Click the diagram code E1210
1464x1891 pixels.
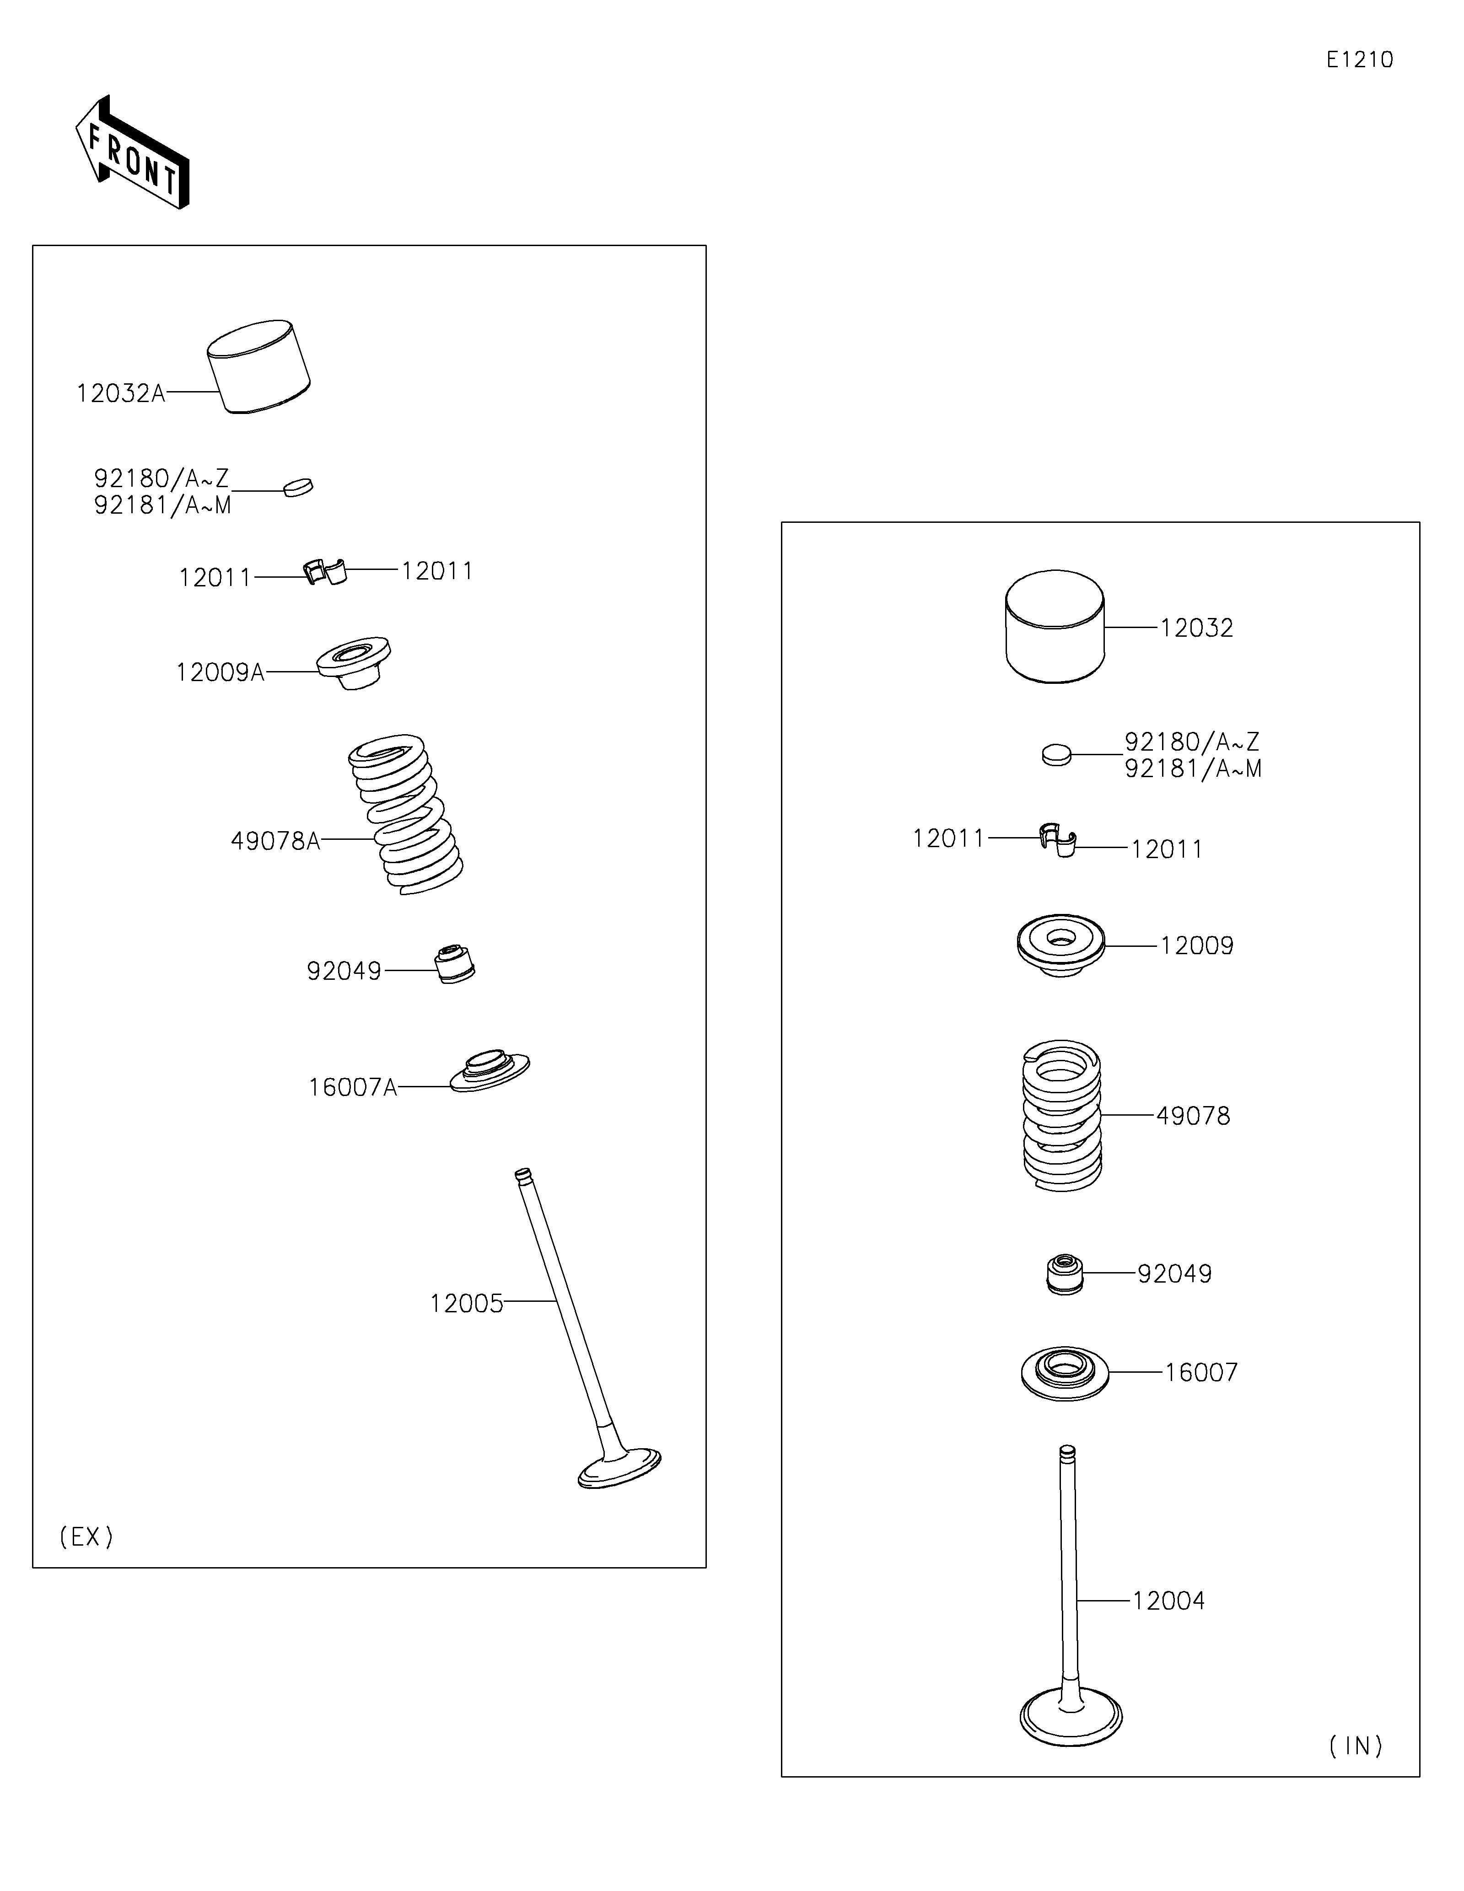tap(1359, 60)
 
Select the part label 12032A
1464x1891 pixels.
tap(120, 394)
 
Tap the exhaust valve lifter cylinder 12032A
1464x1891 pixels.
tap(258, 365)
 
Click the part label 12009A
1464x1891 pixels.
tap(220, 673)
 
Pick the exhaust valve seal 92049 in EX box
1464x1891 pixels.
tap(454, 964)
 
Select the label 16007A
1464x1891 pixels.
tap(352, 1087)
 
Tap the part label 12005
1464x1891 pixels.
tap(466, 1304)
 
